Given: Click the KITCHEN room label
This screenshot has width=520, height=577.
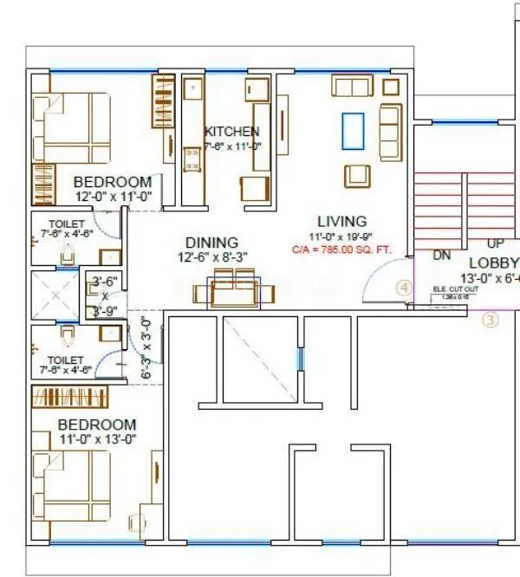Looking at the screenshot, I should coord(231,131).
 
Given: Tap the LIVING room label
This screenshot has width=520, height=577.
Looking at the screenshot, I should coord(341,221).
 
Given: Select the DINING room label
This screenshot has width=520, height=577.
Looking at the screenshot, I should coord(211,243).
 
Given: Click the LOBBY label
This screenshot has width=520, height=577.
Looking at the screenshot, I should coord(493,263).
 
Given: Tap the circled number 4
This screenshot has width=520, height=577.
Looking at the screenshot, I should coord(403,288).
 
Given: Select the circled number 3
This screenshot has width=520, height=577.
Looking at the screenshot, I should coord(491,320).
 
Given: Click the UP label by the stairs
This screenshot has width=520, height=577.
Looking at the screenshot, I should coord(495,245).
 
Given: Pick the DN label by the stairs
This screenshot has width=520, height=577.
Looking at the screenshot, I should coord(441,256).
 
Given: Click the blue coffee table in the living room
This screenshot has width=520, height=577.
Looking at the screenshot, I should coord(352,131).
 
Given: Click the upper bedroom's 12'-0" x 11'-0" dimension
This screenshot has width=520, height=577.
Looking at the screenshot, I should coord(113,197).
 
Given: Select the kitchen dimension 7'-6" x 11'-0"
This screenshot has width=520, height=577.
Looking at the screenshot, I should coord(231,146).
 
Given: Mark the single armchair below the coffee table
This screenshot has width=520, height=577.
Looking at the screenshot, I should coord(357,175).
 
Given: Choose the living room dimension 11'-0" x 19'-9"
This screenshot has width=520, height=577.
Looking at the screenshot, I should coord(341,236).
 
